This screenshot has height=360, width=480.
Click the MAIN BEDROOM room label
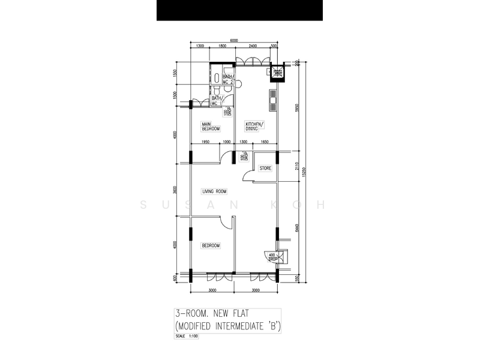click(211, 127)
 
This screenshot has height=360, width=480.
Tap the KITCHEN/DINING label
click(255, 127)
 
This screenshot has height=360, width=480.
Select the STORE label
click(265, 169)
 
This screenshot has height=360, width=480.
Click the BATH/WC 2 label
click(228, 79)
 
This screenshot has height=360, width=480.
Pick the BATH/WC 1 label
click(217, 101)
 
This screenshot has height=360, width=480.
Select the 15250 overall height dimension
click(305, 171)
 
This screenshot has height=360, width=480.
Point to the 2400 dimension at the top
click(253, 46)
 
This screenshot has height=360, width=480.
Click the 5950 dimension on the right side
click(296, 107)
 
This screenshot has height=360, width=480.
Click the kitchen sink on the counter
click(274, 100)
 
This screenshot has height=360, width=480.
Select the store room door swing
click(248, 174)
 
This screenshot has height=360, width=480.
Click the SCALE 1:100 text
click(186, 336)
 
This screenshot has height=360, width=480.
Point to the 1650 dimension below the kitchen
click(265, 142)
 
